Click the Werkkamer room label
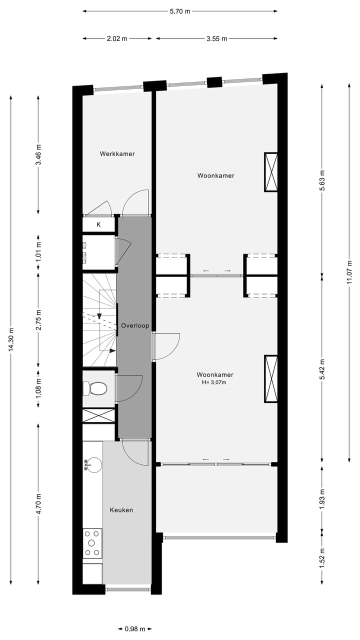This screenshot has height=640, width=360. tap(117, 154)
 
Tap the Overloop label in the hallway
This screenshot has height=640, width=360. tap(135, 325)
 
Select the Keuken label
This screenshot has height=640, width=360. tap(121, 510)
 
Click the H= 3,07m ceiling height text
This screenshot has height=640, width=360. tap(215, 382)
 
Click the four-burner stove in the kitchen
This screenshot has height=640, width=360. tap(92, 543)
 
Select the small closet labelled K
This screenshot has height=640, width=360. tap(98, 224)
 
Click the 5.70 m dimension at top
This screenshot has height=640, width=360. tap(180, 11)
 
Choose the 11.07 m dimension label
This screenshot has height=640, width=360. tap(349, 273)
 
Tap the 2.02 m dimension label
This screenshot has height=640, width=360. tap(117, 38)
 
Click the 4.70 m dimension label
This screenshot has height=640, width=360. tap(39, 507)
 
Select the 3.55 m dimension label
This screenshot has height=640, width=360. tap(216, 38)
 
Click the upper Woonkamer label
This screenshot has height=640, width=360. tap(215, 175)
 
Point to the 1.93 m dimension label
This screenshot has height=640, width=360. tap(322, 498)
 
